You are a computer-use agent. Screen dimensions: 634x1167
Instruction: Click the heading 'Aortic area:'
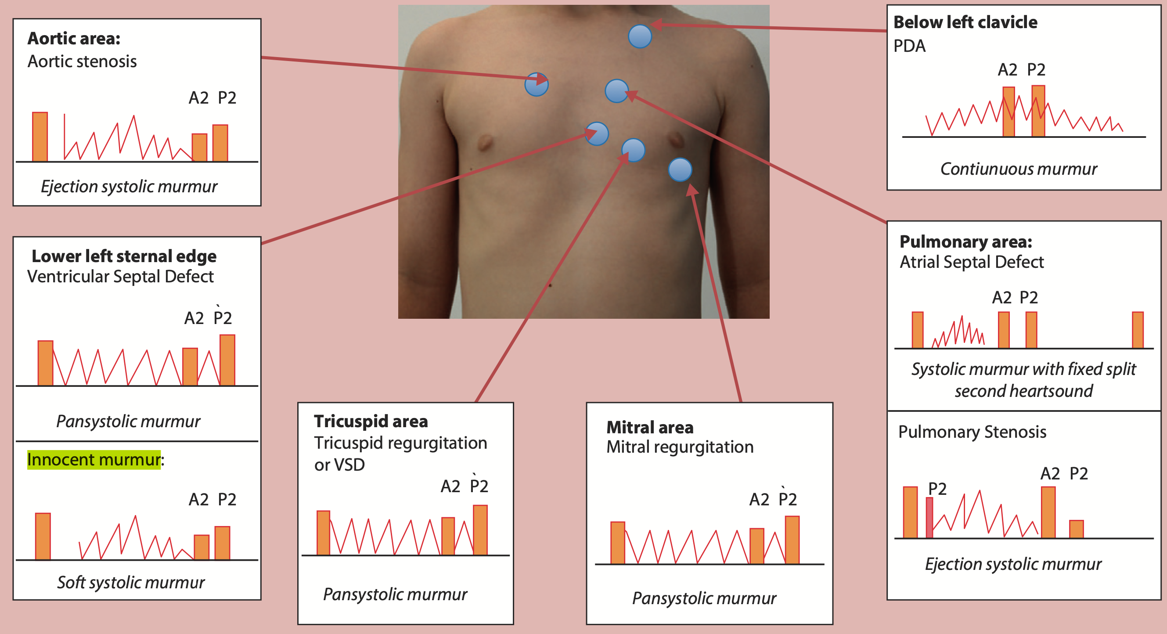point(74,39)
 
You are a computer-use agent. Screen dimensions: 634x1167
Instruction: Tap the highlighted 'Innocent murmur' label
point(94,460)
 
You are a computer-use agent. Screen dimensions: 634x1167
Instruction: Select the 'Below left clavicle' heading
point(965,22)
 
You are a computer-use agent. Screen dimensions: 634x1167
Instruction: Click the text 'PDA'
point(909,46)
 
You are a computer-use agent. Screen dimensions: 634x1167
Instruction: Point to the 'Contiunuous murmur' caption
point(1018,169)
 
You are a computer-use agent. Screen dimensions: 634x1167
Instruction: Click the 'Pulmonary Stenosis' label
point(972,432)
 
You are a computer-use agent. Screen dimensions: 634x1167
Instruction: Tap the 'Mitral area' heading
point(650,427)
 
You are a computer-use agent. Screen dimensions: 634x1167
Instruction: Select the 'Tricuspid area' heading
point(371,421)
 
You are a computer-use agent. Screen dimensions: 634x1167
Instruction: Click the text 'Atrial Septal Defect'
point(971,262)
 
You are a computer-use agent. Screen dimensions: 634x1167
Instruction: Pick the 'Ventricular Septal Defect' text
point(120,277)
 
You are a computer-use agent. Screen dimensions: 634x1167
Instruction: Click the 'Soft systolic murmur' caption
point(130,582)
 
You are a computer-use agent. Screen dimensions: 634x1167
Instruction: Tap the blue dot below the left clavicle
point(640,36)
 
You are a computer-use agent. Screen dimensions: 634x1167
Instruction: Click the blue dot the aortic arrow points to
point(537,84)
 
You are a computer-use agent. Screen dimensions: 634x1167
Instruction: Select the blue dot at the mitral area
point(680,170)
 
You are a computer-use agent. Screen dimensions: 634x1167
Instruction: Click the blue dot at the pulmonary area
point(616,91)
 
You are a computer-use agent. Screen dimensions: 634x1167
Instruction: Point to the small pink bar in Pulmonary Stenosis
point(929,518)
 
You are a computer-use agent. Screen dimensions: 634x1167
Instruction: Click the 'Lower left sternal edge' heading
point(124,256)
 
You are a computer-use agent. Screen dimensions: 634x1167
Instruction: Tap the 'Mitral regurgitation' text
point(680,447)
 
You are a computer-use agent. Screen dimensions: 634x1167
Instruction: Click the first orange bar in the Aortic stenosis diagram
point(40,137)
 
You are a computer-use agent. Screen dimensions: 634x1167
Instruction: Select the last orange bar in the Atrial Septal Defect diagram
point(1138,330)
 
